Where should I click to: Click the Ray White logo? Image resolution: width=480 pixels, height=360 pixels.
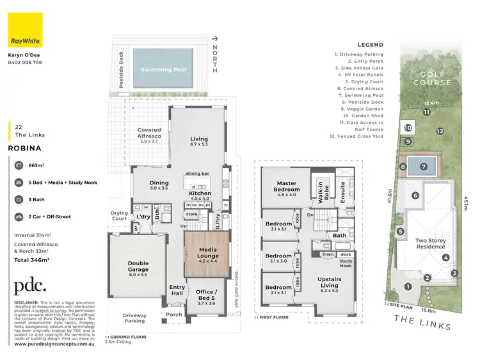(24, 31)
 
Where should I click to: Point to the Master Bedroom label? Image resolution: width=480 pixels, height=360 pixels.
(286, 186)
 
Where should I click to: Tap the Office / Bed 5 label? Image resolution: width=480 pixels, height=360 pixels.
(205, 297)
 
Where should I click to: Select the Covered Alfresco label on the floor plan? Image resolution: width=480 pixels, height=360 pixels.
(149, 133)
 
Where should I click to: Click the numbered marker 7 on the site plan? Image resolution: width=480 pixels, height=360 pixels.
(423, 167)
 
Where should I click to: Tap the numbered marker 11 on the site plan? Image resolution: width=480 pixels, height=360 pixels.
(426, 112)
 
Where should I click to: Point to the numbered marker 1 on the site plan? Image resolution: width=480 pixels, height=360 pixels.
(408, 286)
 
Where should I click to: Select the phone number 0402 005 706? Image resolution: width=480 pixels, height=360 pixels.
(25, 63)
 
